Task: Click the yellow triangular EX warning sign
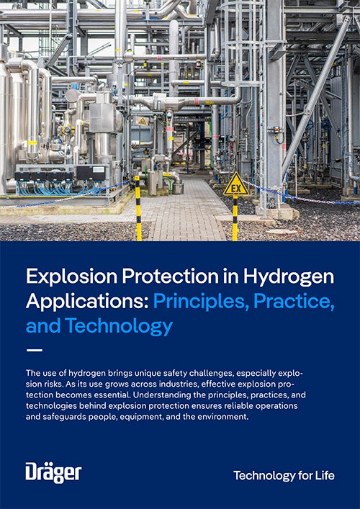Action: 236,185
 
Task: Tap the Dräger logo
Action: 53,472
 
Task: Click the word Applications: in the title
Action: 87,301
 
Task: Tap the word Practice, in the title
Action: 294,301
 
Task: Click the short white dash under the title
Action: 34,351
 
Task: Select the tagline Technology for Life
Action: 284,476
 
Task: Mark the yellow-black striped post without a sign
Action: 138,208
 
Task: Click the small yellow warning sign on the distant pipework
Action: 142,121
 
